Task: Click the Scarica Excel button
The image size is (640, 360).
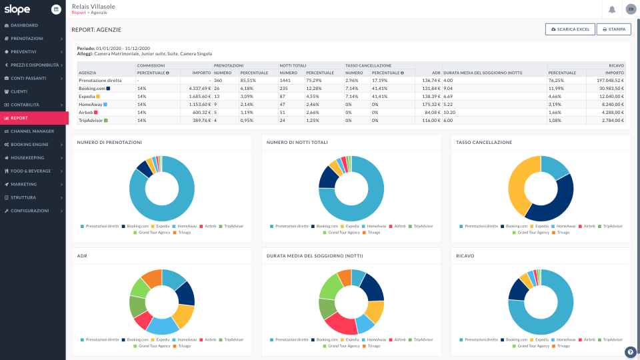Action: (x=569, y=29)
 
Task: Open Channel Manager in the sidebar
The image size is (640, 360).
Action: (x=32, y=131)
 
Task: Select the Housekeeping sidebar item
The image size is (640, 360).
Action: (x=29, y=158)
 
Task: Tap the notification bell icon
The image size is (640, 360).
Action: (x=611, y=9)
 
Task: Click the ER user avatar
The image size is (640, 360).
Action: (x=630, y=9)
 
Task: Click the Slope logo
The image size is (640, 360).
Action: (x=17, y=9)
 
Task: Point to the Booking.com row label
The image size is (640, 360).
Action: (x=91, y=88)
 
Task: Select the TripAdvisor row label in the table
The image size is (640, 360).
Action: (x=90, y=120)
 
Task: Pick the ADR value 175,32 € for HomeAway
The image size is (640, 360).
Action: (x=428, y=104)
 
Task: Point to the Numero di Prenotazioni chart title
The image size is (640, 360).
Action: (x=109, y=143)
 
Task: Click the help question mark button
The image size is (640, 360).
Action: (x=630, y=352)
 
